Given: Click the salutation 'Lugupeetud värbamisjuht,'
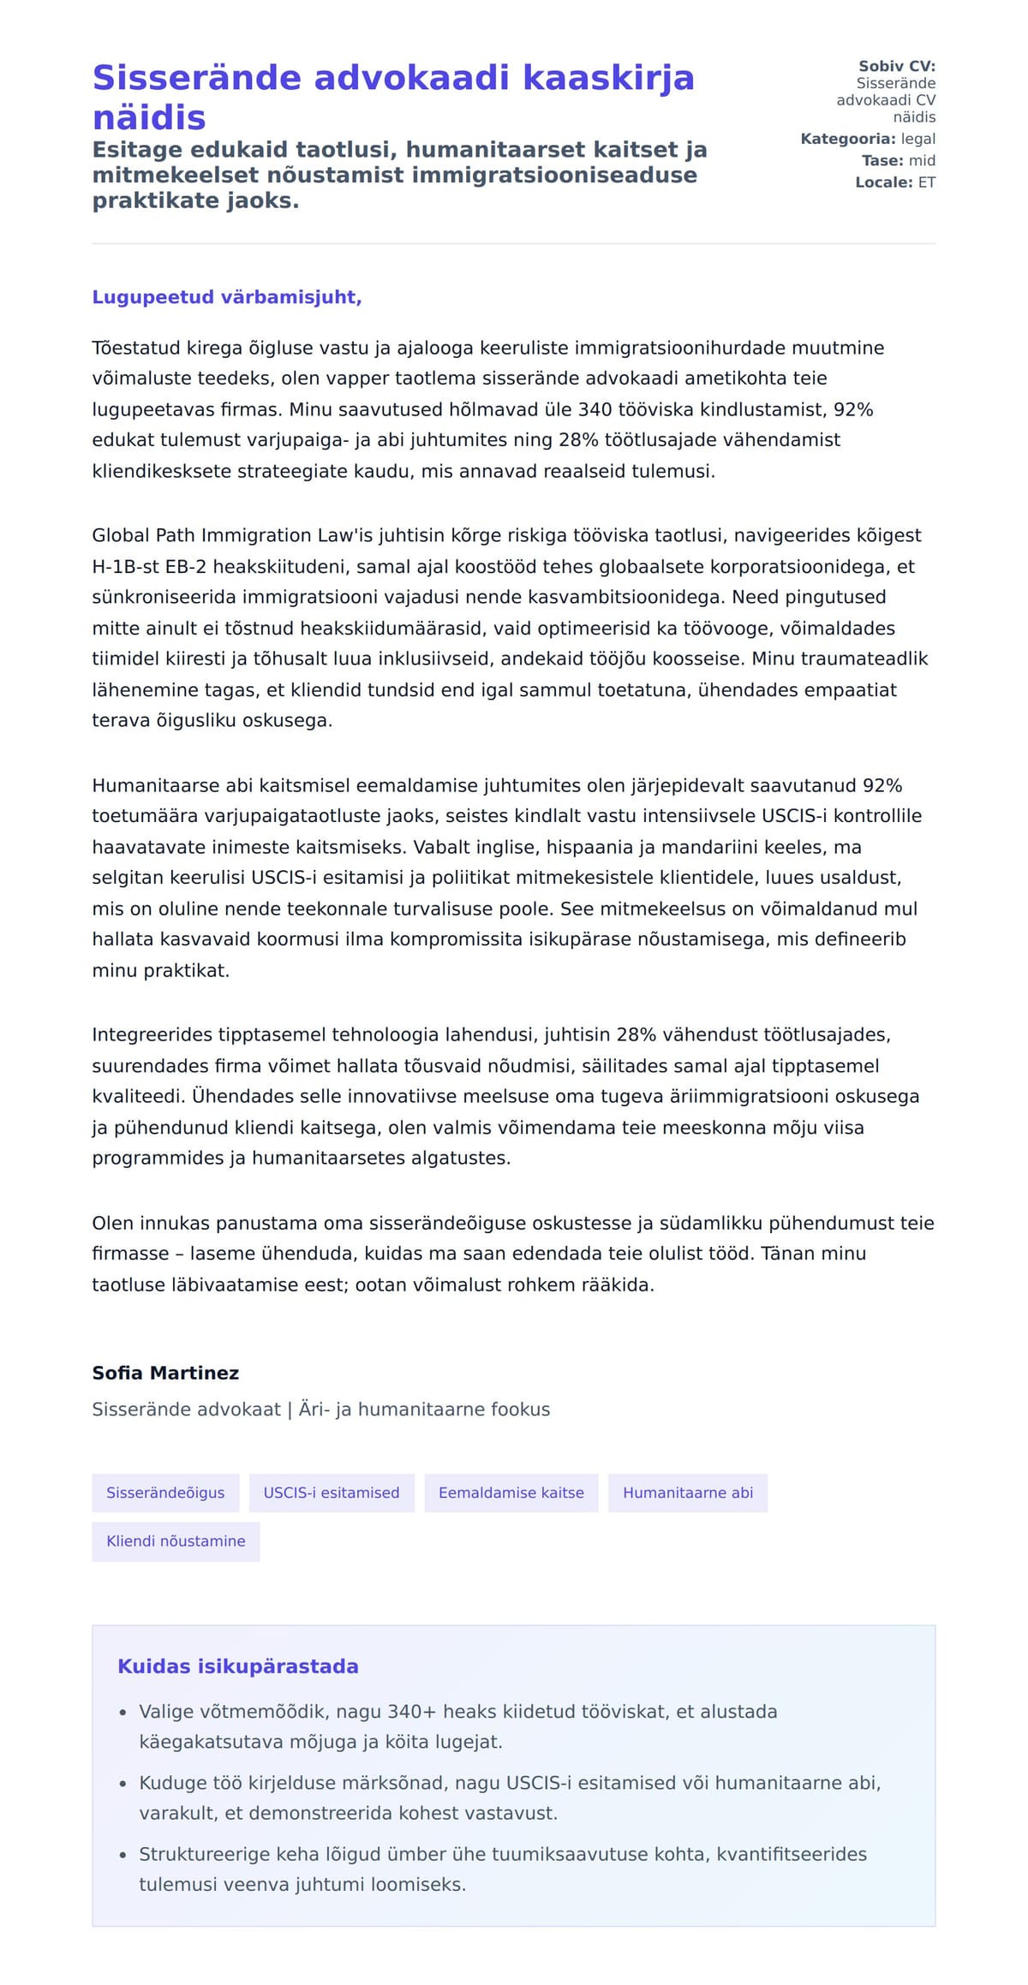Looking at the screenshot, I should click(x=227, y=297).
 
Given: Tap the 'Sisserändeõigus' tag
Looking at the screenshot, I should click(x=165, y=1493).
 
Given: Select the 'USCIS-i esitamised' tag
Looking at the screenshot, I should click(x=332, y=1493).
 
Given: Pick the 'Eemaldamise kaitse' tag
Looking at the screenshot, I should click(x=511, y=1493).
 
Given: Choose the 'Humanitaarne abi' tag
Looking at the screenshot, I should click(x=688, y=1493).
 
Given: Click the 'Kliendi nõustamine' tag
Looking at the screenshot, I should click(x=176, y=1541).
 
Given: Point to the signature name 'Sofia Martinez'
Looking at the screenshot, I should click(x=165, y=1373).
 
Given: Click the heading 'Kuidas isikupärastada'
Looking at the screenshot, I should click(x=238, y=1666).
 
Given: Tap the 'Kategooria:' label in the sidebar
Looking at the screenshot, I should click(x=848, y=139).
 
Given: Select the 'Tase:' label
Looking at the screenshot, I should click(x=882, y=160).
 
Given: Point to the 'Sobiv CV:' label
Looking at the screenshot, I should click(x=897, y=66).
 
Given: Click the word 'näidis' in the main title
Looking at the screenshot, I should click(x=149, y=117).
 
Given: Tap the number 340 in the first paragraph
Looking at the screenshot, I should click(x=595, y=409).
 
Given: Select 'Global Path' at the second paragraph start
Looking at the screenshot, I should click(x=144, y=535).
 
